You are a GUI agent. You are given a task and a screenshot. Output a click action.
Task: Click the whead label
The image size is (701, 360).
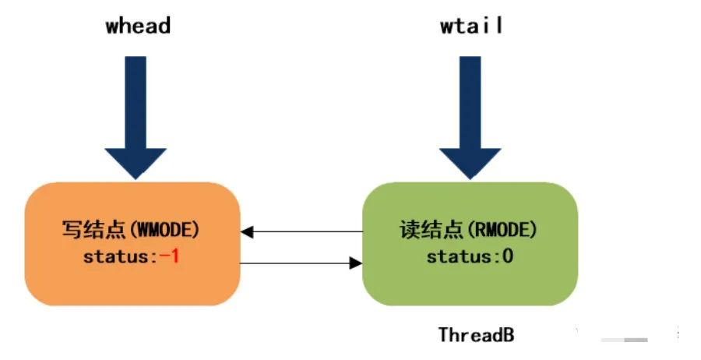point(138,25)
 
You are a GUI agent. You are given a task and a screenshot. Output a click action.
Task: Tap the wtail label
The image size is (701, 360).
point(471,25)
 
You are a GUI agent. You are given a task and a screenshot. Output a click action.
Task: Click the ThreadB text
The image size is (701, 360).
point(476,334)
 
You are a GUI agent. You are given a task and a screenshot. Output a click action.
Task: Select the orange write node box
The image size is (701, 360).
point(132,244)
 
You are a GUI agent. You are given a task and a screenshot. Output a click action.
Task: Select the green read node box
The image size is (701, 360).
point(470,244)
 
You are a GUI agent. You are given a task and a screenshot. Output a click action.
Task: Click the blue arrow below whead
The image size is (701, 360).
point(136,118)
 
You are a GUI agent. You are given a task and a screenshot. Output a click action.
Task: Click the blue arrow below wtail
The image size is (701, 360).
point(470,118)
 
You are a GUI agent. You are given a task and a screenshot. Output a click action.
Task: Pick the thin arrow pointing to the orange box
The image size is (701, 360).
point(301,231)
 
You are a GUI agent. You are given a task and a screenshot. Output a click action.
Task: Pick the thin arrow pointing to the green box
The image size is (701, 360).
point(301,263)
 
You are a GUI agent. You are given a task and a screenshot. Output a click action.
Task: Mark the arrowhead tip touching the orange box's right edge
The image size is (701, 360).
point(241,231)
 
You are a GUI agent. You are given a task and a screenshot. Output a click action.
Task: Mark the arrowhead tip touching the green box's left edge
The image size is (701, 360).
point(361,263)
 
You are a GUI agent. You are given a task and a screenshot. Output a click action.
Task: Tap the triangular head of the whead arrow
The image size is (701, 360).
point(136,163)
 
